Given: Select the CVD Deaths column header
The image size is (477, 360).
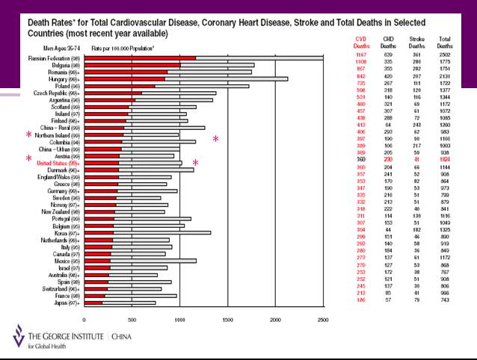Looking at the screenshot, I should (361, 43).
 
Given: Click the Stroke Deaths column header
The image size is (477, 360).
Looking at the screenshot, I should (418, 43).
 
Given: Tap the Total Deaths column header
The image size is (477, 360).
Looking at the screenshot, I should (444, 43).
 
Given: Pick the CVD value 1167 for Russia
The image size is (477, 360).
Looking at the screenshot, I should (362, 58).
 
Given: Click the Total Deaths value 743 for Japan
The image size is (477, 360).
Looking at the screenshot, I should (446, 302).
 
